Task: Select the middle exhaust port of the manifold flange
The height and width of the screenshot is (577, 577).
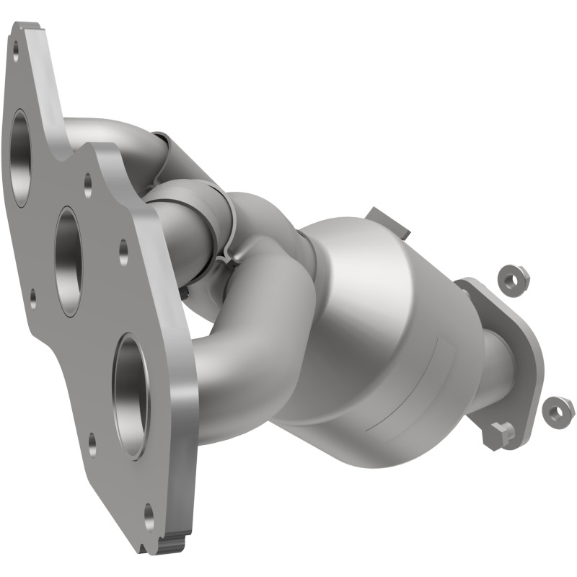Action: (x=69, y=261)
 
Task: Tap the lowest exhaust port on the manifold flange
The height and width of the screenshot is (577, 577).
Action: (x=131, y=396)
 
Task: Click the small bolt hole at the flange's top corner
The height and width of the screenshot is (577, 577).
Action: (x=15, y=49)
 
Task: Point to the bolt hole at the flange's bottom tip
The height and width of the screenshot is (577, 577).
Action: (x=149, y=516)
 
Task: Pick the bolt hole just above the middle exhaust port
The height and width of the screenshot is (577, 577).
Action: (x=87, y=185)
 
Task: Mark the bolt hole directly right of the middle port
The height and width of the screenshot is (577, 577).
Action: (x=123, y=252)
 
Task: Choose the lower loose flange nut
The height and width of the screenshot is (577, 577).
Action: (x=558, y=411)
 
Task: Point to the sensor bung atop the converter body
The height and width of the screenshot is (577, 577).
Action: (x=387, y=221)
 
